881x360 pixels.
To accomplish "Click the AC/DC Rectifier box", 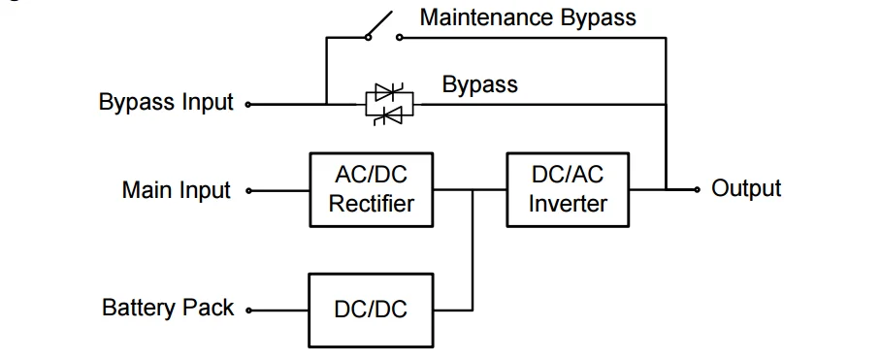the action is (372, 190).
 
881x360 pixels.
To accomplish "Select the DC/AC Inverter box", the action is (568, 190).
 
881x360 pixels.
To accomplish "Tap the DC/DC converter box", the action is (371, 310).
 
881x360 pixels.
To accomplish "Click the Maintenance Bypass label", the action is (528, 17).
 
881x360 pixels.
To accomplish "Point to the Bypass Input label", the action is (166, 102).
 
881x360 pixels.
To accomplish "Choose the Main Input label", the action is (177, 190).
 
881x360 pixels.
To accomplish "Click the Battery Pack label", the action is (168, 308).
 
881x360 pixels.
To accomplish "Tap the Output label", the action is (746, 188).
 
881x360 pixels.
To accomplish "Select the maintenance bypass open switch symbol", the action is (383, 27).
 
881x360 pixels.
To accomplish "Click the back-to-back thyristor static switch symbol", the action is (389, 105).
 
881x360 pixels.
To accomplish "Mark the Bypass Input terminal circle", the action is (248, 105).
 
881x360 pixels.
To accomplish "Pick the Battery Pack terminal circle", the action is (249, 310).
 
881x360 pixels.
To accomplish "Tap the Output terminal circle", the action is (698, 190).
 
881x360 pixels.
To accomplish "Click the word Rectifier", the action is (372, 204).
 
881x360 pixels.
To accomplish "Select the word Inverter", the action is (568, 204).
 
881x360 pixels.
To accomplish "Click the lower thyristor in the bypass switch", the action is (388, 116).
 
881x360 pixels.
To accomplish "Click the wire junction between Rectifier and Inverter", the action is (473, 190).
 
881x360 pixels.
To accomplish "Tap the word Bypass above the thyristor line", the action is (480, 84).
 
